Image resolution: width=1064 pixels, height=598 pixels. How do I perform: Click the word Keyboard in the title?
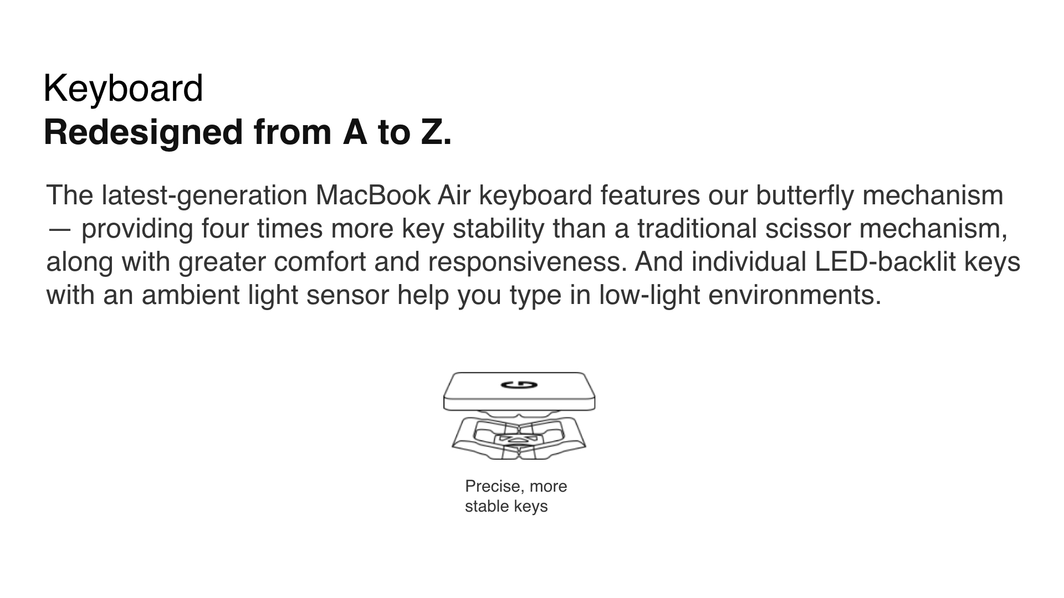point(123,89)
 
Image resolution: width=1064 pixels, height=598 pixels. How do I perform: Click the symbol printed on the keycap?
point(519,385)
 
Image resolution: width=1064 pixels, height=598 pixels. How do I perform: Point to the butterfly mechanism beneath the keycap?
point(519,436)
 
